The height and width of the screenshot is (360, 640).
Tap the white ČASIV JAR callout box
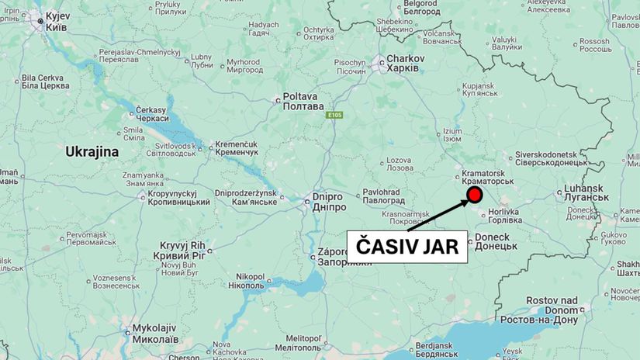(x=407, y=247)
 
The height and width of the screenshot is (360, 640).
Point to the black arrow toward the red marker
(x=437, y=214)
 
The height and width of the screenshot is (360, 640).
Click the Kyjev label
(x=57, y=20)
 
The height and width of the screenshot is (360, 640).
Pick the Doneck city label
(x=493, y=241)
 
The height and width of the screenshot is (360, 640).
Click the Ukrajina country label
(x=92, y=152)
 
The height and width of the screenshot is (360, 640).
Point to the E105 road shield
(x=334, y=115)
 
